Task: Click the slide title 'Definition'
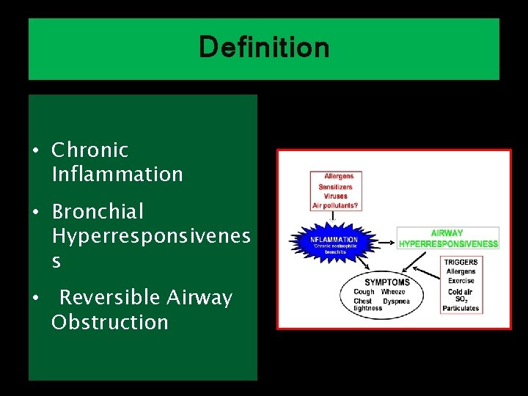(264, 48)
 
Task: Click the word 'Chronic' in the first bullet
(89, 150)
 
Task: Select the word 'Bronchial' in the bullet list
(98, 212)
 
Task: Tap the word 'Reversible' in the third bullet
(109, 298)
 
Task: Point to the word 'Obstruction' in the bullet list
(110, 323)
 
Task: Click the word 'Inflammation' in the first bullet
(117, 175)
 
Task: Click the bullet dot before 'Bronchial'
(35, 212)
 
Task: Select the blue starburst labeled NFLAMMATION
(334, 243)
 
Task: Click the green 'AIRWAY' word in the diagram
(447, 233)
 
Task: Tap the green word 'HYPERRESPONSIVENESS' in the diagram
(448, 243)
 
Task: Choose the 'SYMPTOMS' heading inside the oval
(387, 282)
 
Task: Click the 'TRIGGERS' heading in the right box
(461, 262)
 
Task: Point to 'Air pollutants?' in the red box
(336, 206)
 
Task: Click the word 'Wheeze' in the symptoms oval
(392, 292)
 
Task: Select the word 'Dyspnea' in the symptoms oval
(396, 301)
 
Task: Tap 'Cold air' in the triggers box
(460, 291)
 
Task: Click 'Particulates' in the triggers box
(461, 309)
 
